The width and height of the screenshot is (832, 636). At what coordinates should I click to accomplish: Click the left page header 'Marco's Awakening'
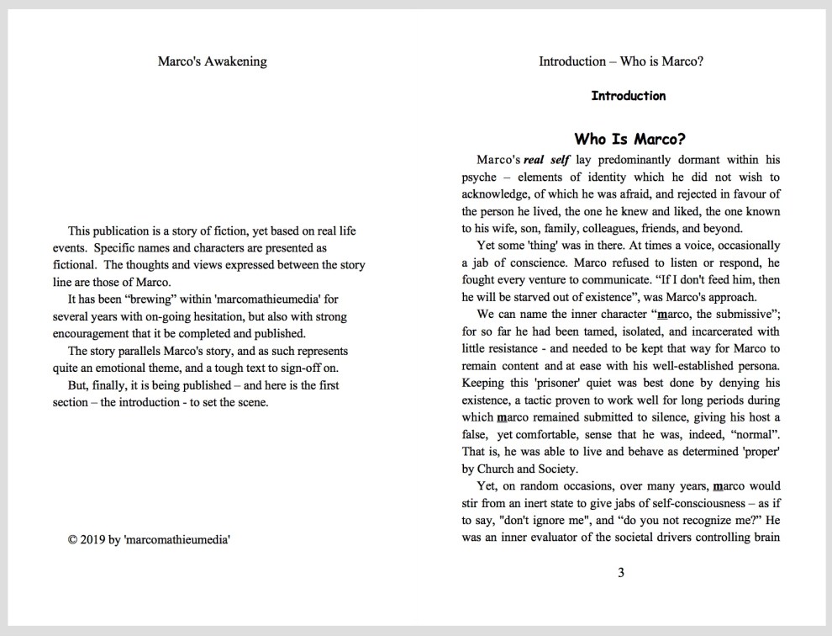pos(212,61)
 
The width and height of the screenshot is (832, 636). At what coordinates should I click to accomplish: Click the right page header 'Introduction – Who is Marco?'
pos(621,61)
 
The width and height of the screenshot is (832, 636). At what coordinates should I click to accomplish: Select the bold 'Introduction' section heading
pos(628,96)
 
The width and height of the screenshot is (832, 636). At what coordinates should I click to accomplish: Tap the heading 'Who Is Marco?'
pos(629,139)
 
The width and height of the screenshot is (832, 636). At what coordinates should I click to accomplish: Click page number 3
pos(621,574)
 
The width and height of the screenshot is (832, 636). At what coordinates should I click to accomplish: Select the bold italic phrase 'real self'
pos(546,160)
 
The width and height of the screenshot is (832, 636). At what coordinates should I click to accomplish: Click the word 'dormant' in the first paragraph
pos(675,160)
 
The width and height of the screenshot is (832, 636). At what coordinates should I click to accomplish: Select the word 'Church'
pos(498,469)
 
